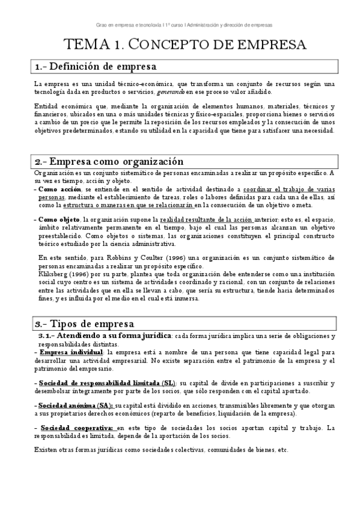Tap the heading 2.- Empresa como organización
pos(108,162)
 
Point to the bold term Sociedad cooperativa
pos(70,427)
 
